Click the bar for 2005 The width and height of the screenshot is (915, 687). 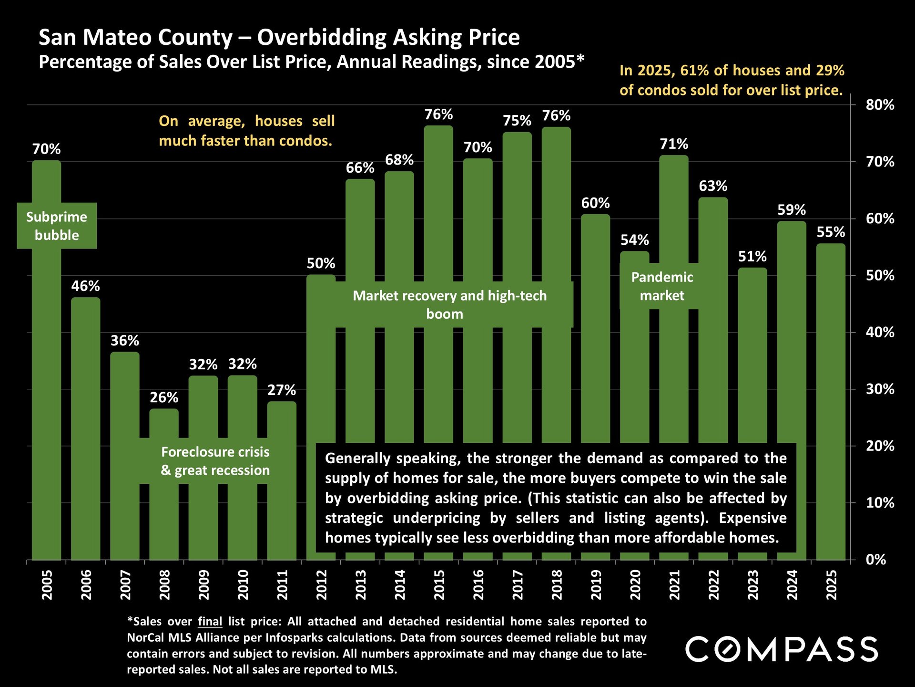(x=47, y=382)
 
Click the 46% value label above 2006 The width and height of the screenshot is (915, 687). (x=86, y=286)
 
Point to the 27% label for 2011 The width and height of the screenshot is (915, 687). (x=282, y=390)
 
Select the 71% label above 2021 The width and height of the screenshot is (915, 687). (x=674, y=144)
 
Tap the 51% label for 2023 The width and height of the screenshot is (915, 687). (x=752, y=256)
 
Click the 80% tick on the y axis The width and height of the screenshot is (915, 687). (x=880, y=105)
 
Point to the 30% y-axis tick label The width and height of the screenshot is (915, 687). (x=880, y=389)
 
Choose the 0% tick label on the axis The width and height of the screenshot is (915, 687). (x=876, y=560)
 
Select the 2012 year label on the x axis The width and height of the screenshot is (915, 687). (x=322, y=584)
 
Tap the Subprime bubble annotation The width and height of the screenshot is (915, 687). (x=57, y=226)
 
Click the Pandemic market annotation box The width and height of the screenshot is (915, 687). (x=662, y=286)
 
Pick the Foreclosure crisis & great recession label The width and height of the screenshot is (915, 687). (x=215, y=461)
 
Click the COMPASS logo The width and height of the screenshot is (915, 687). (x=782, y=649)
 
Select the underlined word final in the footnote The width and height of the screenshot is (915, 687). (x=210, y=621)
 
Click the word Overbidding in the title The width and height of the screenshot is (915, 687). (x=322, y=37)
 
